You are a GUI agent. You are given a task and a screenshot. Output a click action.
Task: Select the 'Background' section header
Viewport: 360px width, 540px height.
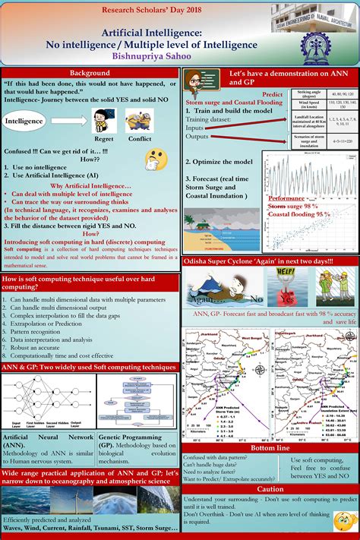(x=90, y=73)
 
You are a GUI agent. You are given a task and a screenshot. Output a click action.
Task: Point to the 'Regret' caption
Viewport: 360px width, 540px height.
(x=103, y=139)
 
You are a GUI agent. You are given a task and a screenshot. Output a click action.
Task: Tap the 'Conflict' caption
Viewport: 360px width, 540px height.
(x=140, y=139)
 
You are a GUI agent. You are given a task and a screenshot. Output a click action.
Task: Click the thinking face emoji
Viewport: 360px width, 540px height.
(x=156, y=159)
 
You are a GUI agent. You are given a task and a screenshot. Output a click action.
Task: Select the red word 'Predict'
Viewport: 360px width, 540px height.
(x=273, y=93)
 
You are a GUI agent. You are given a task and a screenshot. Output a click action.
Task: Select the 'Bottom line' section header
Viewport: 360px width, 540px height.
(x=270, y=450)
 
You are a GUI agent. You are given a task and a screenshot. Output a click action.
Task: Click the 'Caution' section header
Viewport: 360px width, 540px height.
(x=270, y=489)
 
